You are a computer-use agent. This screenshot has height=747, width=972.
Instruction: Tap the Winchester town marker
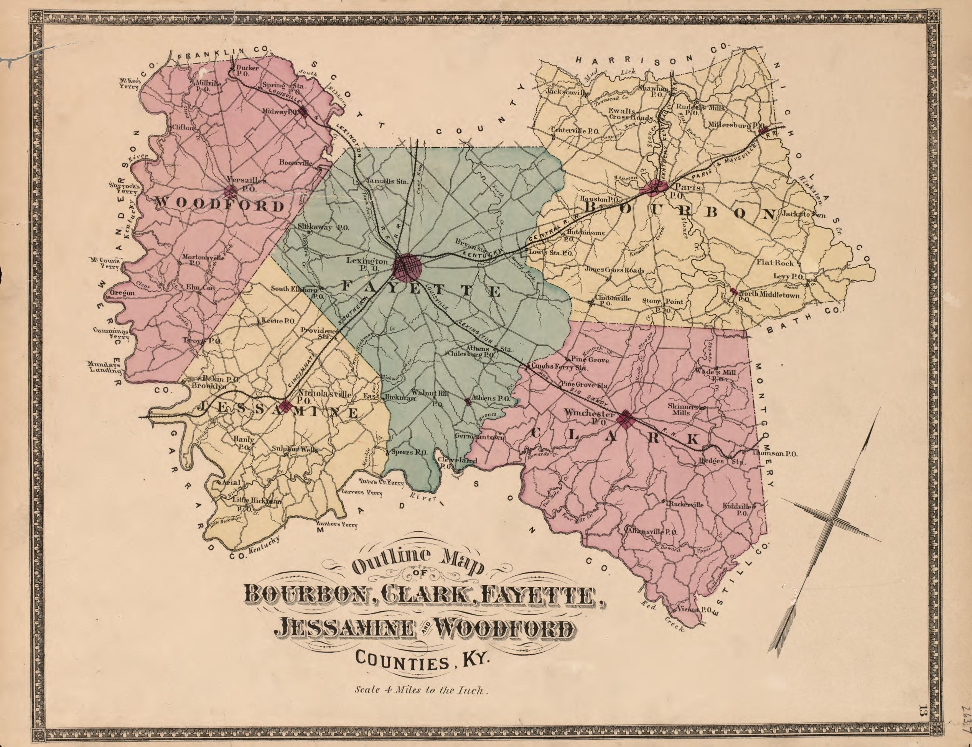tap(625, 419)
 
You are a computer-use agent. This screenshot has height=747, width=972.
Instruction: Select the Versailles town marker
tap(231, 192)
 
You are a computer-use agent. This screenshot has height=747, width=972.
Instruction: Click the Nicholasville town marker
tap(285, 406)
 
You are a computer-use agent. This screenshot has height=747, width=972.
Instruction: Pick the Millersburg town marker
tap(764, 131)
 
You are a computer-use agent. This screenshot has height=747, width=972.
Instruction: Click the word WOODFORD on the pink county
tap(219, 205)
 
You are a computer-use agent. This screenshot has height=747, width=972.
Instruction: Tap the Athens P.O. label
tap(491, 398)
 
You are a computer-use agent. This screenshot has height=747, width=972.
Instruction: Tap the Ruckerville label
tap(686, 504)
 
